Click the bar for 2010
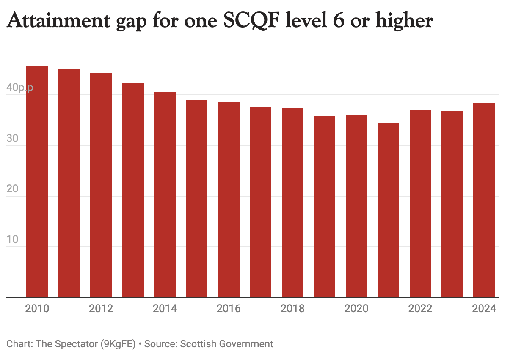[37, 182]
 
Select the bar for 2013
[133, 190]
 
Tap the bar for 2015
[197, 199]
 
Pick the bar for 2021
[389, 210]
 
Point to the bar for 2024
[484, 200]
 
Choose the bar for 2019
[325, 207]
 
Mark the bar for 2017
[261, 202]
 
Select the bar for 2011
[69, 183]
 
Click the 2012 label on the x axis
[101, 309]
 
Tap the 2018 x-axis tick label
[292, 309]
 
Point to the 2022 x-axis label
[420, 309]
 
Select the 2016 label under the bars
[229, 309]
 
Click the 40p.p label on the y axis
[19, 89]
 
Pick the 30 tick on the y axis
[13, 138]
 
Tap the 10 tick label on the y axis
[13, 239]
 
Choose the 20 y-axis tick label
[13, 189]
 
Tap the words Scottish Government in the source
[226, 344]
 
